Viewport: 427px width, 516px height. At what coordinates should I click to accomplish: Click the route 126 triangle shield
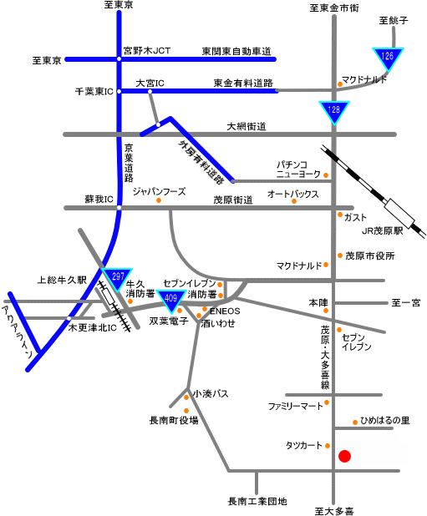click(389, 58)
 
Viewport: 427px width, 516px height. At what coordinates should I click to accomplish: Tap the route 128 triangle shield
click(334, 111)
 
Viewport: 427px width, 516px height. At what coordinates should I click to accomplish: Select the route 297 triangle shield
click(117, 278)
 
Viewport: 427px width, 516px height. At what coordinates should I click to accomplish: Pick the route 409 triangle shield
click(170, 300)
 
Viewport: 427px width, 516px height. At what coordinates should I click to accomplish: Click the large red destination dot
click(345, 456)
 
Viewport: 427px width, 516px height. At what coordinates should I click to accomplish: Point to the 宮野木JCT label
click(147, 51)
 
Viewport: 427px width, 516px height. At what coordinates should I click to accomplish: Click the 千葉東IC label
click(94, 92)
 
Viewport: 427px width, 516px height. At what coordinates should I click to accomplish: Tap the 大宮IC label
click(150, 83)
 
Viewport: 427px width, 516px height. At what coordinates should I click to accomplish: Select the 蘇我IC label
click(99, 199)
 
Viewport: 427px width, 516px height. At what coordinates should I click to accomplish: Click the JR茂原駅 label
click(382, 231)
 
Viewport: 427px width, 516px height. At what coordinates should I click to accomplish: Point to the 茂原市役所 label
click(370, 255)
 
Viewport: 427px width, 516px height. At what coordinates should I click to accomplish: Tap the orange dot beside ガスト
click(340, 215)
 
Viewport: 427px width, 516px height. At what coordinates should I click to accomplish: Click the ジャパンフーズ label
click(160, 191)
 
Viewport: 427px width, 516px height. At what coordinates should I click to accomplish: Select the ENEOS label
click(225, 311)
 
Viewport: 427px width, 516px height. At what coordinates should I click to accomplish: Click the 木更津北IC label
click(92, 328)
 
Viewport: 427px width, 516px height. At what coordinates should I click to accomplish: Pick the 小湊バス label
click(211, 393)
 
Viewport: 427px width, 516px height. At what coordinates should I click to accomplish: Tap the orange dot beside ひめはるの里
click(355, 422)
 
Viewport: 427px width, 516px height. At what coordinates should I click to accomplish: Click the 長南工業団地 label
click(257, 501)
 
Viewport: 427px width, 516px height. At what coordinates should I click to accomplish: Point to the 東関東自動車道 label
click(236, 51)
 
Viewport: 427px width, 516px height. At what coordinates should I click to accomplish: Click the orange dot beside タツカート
click(328, 446)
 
